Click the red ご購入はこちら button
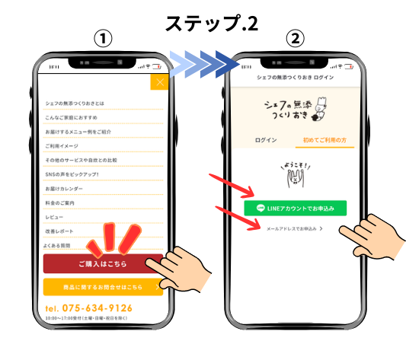(103, 263)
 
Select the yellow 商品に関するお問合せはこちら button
(103, 287)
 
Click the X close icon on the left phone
(159, 82)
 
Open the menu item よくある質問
(58, 245)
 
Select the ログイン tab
(267, 141)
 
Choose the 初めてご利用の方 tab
(323, 141)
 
